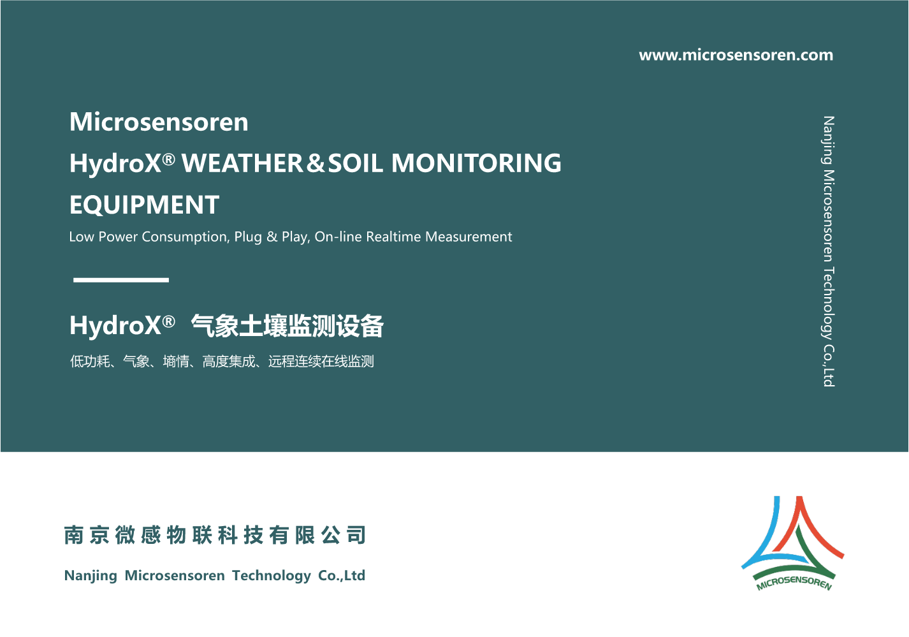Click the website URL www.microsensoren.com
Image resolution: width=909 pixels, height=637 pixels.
(736, 55)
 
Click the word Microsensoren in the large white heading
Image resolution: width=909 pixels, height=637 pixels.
(159, 122)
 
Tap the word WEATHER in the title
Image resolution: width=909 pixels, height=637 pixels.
(242, 163)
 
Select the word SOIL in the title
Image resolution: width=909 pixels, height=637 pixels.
(355, 163)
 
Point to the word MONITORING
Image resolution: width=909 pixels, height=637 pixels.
(476, 163)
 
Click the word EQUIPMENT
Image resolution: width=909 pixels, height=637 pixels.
(145, 205)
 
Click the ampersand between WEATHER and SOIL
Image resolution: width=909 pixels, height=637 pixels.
(316, 163)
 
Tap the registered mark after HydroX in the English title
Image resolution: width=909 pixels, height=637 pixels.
(168, 159)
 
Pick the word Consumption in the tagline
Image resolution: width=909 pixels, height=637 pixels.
(185, 237)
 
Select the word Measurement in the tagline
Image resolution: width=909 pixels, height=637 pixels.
(469, 237)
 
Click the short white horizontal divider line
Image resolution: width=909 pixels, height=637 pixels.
(121, 280)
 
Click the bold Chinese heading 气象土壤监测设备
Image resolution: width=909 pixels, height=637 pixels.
(287, 326)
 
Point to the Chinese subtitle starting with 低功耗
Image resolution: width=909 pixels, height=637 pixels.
(222, 361)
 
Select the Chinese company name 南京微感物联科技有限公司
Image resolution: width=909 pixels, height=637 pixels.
(215, 535)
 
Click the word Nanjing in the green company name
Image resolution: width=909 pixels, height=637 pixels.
(91, 576)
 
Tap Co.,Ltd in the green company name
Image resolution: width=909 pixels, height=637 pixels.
(342, 575)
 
